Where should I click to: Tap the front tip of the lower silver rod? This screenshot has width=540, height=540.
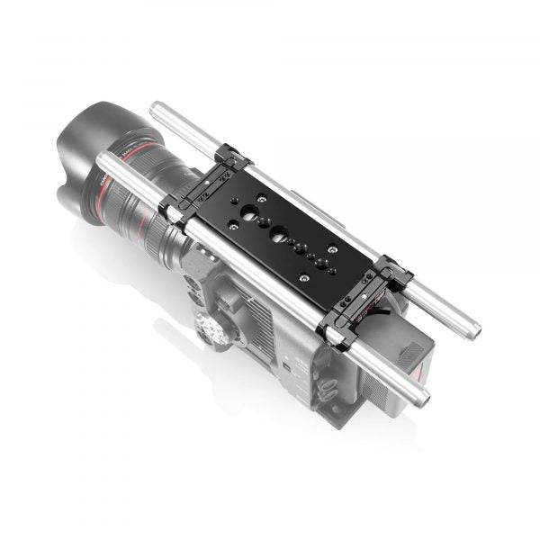coord(102,159)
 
